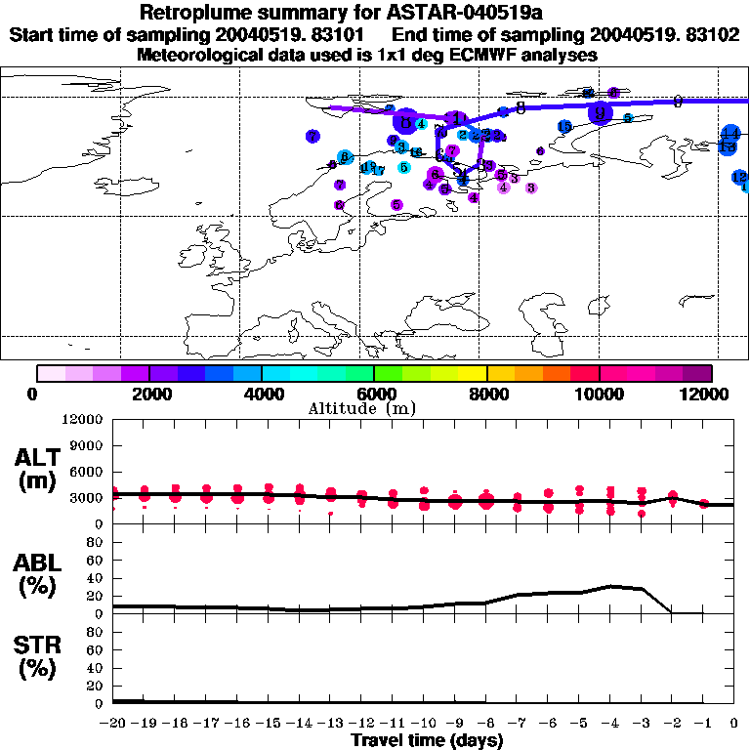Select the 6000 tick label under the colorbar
point(374,394)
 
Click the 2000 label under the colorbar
point(149,394)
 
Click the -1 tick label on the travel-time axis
point(703,724)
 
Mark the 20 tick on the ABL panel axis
point(96,596)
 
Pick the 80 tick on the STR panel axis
point(96,632)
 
